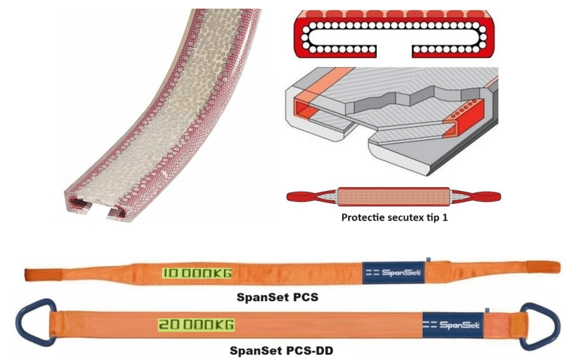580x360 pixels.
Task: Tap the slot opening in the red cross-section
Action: [394, 50]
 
